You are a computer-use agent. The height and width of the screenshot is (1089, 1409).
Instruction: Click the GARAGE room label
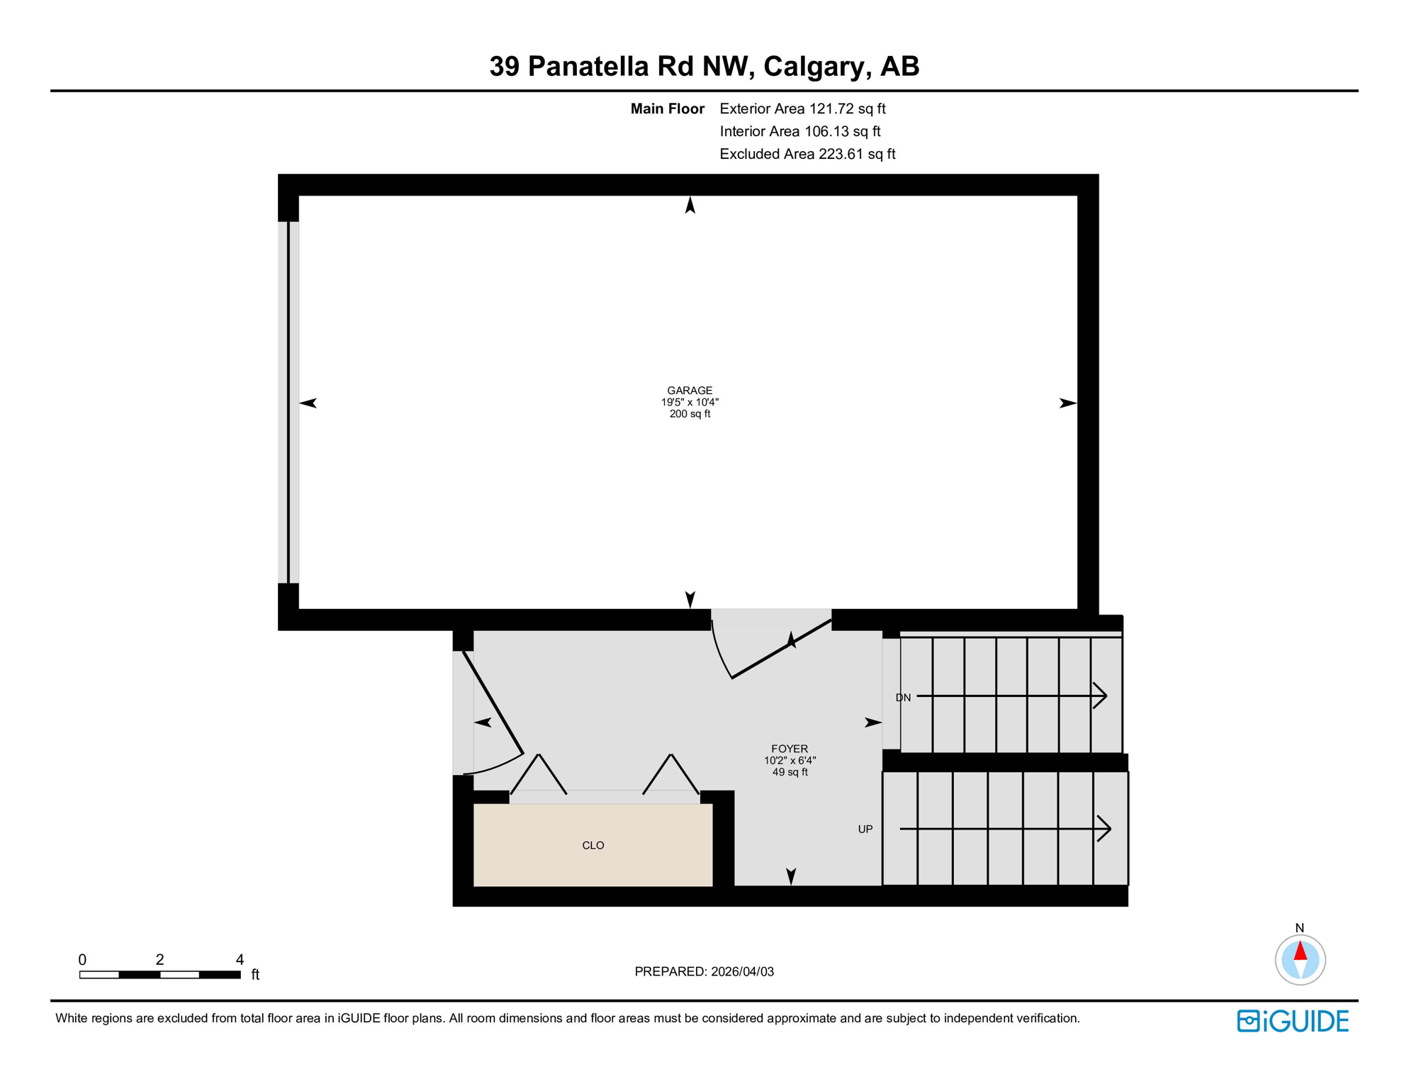[x=689, y=391]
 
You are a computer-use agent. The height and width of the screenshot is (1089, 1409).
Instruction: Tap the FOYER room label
[x=790, y=749]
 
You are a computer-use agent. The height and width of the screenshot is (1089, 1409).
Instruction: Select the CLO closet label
[x=593, y=845]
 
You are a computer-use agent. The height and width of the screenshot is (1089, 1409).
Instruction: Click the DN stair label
[x=903, y=698]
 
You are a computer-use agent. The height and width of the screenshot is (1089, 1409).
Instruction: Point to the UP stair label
[x=865, y=829]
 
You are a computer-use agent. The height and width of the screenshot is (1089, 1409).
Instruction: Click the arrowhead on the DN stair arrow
[x=1101, y=696]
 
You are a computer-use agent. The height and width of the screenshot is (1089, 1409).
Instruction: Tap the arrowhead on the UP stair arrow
[x=1104, y=828]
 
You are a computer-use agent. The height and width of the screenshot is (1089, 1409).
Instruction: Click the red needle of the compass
[x=1300, y=951]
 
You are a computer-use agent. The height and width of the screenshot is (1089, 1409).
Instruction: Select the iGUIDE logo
[x=1293, y=1021]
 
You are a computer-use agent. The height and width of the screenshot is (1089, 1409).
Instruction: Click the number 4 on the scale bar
[x=240, y=959]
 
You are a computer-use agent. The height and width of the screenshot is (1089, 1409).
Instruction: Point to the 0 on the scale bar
[x=82, y=959]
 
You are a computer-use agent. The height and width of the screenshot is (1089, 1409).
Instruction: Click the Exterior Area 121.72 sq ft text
[x=802, y=108]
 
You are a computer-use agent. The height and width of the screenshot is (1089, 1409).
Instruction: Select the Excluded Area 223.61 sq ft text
[x=807, y=154]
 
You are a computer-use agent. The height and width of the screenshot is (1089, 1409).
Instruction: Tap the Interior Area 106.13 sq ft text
[x=799, y=131]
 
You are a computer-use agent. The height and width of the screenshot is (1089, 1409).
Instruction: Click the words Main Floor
[x=667, y=108]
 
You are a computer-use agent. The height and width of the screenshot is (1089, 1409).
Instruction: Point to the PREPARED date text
[x=704, y=971]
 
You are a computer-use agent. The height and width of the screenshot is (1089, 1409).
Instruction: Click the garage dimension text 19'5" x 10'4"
[x=690, y=402]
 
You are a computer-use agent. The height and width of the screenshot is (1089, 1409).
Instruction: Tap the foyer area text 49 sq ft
[x=790, y=772]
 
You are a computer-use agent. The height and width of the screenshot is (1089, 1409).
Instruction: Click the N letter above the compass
[x=1299, y=927]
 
